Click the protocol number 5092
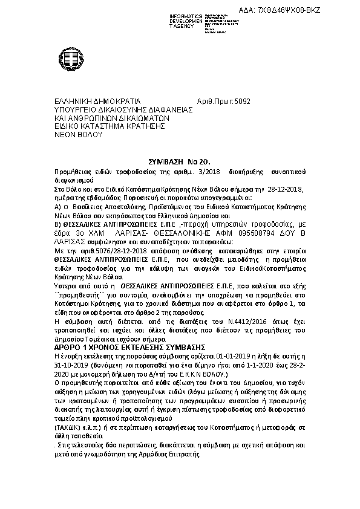pos(241,102)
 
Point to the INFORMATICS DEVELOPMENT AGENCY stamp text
pos(172,19)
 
